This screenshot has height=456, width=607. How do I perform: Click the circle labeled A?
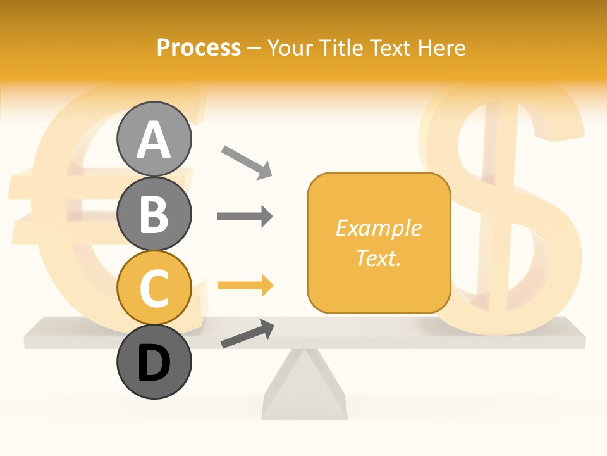(154, 139)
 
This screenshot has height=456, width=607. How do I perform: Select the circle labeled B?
(154, 213)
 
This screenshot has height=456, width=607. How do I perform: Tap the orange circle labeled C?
(154, 288)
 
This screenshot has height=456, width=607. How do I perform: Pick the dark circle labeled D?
(154, 362)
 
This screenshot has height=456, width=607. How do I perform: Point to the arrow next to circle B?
(245, 217)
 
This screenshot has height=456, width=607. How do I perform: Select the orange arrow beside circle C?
(245, 286)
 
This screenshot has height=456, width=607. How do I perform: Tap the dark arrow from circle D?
(247, 334)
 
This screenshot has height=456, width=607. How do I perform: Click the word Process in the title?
(199, 47)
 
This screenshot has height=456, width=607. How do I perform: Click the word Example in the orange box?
(379, 228)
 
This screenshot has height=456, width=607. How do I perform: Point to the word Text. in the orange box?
(379, 258)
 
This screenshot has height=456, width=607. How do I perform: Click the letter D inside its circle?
(154, 364)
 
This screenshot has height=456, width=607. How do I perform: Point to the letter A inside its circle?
(154, 141)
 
